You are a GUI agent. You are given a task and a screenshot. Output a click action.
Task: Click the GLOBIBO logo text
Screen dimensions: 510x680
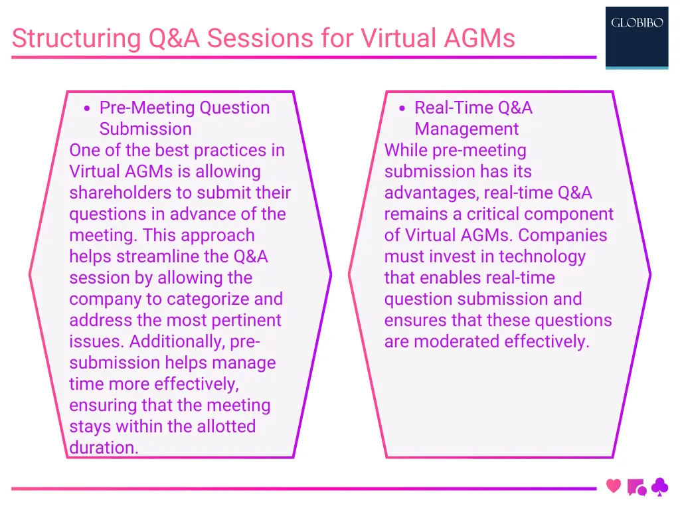click(636, 23)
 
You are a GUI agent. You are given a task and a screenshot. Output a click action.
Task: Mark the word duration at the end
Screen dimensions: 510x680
click(103, 448)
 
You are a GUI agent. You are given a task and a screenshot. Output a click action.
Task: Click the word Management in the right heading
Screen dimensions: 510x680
click(466, 129)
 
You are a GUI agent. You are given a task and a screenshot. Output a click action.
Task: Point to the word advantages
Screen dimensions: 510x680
click(431, 193)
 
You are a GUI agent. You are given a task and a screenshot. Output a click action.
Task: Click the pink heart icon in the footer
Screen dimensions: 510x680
click(614, 487)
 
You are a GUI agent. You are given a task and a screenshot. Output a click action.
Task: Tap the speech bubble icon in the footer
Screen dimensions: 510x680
click(636, 488)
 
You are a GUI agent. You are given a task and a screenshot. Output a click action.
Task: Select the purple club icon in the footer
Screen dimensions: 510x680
click(659, 487)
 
